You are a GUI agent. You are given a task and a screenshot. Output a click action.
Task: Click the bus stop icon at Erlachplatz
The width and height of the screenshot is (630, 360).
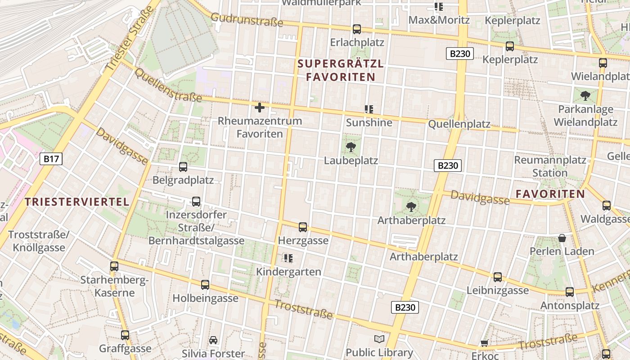coord(357,29)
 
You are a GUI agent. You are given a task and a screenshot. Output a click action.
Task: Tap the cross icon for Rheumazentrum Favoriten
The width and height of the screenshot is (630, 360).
coord(260,108)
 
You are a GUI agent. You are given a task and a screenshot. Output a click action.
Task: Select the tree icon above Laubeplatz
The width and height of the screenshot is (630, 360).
coord(351,147)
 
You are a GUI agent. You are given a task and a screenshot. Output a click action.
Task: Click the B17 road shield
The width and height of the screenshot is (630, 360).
coord(51,158)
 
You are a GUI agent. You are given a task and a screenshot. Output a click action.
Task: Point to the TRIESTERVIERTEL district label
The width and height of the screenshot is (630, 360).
coord(77,202)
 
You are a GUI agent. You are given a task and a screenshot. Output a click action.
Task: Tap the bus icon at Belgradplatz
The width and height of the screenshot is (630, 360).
coord(183,167)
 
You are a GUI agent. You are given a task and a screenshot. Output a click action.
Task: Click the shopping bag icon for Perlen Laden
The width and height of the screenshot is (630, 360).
coord(562,238)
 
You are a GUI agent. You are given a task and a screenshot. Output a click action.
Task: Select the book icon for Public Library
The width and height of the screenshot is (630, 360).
coord(379,339)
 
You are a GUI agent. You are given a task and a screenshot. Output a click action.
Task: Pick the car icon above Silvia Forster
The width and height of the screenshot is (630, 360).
coord(213,340)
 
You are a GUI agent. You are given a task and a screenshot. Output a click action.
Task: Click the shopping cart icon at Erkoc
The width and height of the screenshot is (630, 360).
coord(485,343)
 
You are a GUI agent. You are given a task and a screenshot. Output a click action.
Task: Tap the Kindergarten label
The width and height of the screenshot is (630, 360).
coord(288,272)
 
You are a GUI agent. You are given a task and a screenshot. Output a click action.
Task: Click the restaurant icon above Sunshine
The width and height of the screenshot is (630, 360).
coord(369,109)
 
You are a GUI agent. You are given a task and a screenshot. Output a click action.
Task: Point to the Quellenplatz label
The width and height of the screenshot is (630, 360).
coord(459,124)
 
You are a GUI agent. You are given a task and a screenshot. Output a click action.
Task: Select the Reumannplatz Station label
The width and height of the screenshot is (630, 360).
coord(550,166)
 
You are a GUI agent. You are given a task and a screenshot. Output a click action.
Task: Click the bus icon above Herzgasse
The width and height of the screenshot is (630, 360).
coord(303,227)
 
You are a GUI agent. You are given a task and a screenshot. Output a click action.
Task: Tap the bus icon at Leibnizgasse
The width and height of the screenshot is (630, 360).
coord(497,277)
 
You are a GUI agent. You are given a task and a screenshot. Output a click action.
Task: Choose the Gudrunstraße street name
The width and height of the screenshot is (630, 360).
coord(247,20)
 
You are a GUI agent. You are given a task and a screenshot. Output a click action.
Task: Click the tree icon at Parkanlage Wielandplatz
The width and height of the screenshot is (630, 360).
coord(585,96)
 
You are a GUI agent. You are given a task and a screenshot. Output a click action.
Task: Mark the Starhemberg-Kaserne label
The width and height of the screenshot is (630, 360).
coord(114,287)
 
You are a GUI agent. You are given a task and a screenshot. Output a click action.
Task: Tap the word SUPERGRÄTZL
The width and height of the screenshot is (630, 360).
coord(341,64)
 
